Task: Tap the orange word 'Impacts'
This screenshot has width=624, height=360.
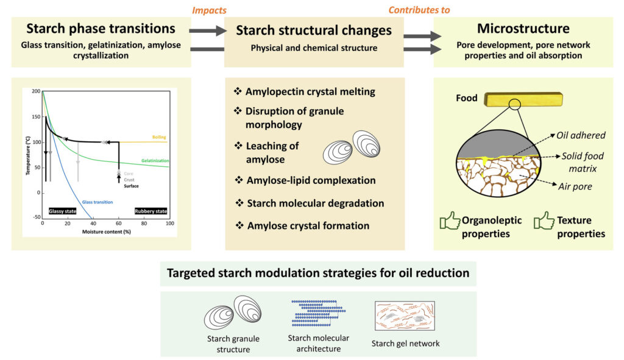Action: pyautogui.click(x=209, y=10)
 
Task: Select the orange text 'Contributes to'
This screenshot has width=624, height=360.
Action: pyautogui.click(x=419, y=10)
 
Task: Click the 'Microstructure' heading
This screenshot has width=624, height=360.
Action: pyautogui.click(x=523, y=29)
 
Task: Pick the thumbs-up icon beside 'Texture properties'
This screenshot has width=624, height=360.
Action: pyautogui.click(x=543, y=221)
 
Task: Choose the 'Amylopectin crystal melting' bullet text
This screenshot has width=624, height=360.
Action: pyautogui.click(x=310, y=91)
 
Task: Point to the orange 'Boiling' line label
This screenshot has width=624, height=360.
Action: pyautogui.click(x=159, y=137)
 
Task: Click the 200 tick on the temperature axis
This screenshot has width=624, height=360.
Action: pyautogui.click(x=37, y=91)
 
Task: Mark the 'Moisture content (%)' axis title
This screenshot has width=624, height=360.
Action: pyautogui.click(x=104, y=231)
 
